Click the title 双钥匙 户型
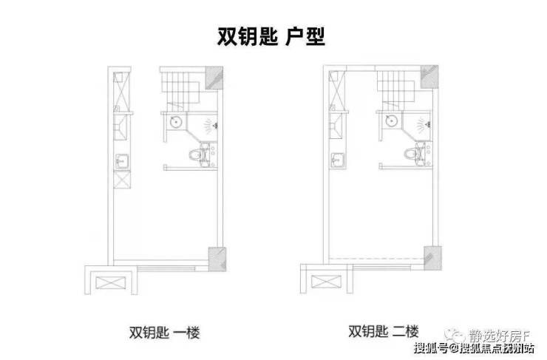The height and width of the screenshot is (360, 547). [271, 36]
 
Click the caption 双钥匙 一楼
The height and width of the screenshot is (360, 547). [164, 332]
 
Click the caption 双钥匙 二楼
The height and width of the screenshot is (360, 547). [383, 331]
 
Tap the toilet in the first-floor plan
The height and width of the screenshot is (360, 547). [197, 154]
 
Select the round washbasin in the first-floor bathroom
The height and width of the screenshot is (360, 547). [175, 122]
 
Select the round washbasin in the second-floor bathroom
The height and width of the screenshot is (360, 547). [392, 121]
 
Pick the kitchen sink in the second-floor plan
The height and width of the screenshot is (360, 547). [338, 161]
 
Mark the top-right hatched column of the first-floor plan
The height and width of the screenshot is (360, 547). [214, 78]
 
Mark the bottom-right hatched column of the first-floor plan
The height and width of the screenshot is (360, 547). [217, 259]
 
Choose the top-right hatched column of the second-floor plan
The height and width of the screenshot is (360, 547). [429, 77]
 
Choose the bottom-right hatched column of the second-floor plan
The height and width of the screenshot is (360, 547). [432, 258]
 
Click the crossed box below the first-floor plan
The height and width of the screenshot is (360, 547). [111, 282]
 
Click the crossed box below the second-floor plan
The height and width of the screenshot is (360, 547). [326, 282]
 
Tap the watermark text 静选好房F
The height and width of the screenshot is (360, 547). [500, 336]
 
